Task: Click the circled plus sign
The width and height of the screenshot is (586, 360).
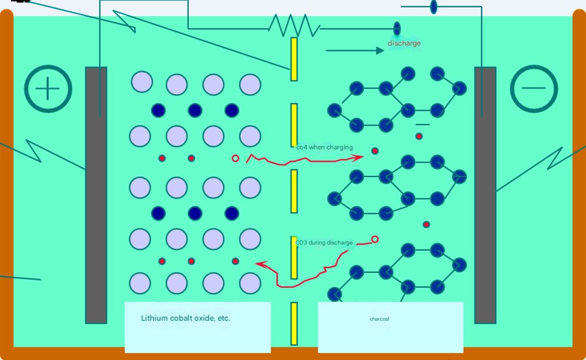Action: point(48,89)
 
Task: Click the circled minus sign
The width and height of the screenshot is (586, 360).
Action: point(534,89)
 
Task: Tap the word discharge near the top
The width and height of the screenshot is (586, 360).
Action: point(404,43)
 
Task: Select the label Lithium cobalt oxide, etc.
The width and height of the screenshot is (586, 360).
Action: point(186,318)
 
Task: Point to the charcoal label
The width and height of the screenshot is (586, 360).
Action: point(379,319)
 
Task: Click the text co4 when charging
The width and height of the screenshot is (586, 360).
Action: point(324,147)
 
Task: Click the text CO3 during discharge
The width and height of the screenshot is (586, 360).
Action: point(324,243)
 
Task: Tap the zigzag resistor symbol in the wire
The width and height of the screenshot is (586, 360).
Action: point(294,25)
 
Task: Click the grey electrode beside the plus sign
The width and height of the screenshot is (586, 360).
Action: point(96,195)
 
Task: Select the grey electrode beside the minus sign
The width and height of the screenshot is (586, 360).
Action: point(485,195)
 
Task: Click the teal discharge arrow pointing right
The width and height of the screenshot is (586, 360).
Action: point(355,51)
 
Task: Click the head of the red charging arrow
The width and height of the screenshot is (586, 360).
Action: point(359,157)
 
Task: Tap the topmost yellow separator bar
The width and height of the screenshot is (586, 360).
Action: point(294,59)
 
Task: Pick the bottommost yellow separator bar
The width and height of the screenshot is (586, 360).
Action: point(294,324)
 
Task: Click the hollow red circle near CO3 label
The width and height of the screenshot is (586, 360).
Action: point(375,239)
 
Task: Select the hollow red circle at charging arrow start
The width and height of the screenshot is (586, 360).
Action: point(235,158)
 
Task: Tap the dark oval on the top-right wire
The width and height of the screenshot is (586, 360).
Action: point(434,7)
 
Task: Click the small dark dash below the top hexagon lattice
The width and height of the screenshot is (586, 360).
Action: point(422,125)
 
